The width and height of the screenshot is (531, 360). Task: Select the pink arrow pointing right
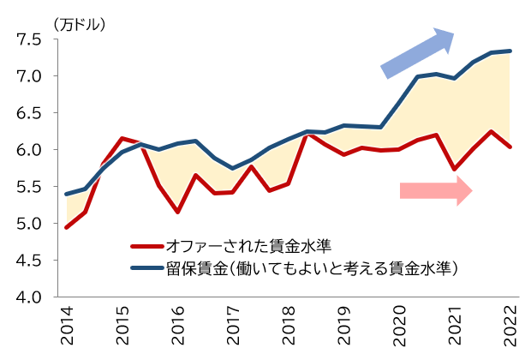coord(435,190)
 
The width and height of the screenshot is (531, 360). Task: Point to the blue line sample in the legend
coord(146,268)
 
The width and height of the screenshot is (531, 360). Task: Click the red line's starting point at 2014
coord(67,228)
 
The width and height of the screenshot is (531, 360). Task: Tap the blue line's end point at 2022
coord(510,51)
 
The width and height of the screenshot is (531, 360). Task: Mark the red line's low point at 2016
coord(177,212)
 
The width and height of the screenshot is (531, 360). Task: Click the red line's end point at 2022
coord(510,147)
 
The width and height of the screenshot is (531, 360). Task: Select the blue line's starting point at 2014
coord(67,195)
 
